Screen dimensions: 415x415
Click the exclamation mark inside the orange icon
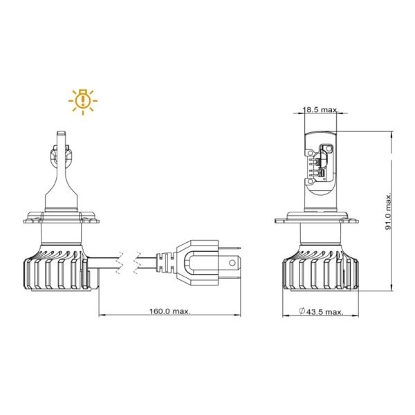pos(82,100)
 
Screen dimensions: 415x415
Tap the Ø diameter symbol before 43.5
pos(302,312)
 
